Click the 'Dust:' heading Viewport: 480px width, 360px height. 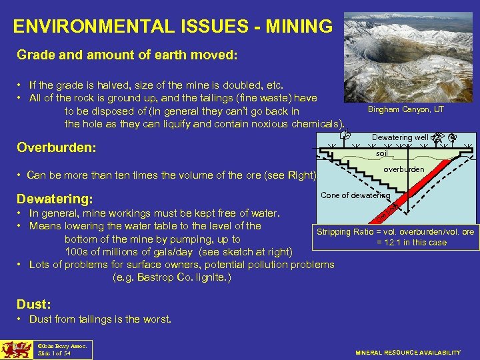[x=34, y=303]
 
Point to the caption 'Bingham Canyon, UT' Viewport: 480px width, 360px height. [x=405, y=109]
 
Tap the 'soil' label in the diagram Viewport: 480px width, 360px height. [x=382, y=153]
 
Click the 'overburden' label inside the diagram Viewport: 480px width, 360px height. [x=403, y=169]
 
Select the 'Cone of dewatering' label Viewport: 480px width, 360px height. [x=355, y=195]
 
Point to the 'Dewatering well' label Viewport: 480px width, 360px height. [x=400, y=137]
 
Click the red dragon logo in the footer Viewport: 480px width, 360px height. [x=15, y=349]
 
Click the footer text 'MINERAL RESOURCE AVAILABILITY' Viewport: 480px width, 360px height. [x=407, y=352]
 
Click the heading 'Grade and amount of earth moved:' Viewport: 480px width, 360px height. [x=127, y=55]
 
